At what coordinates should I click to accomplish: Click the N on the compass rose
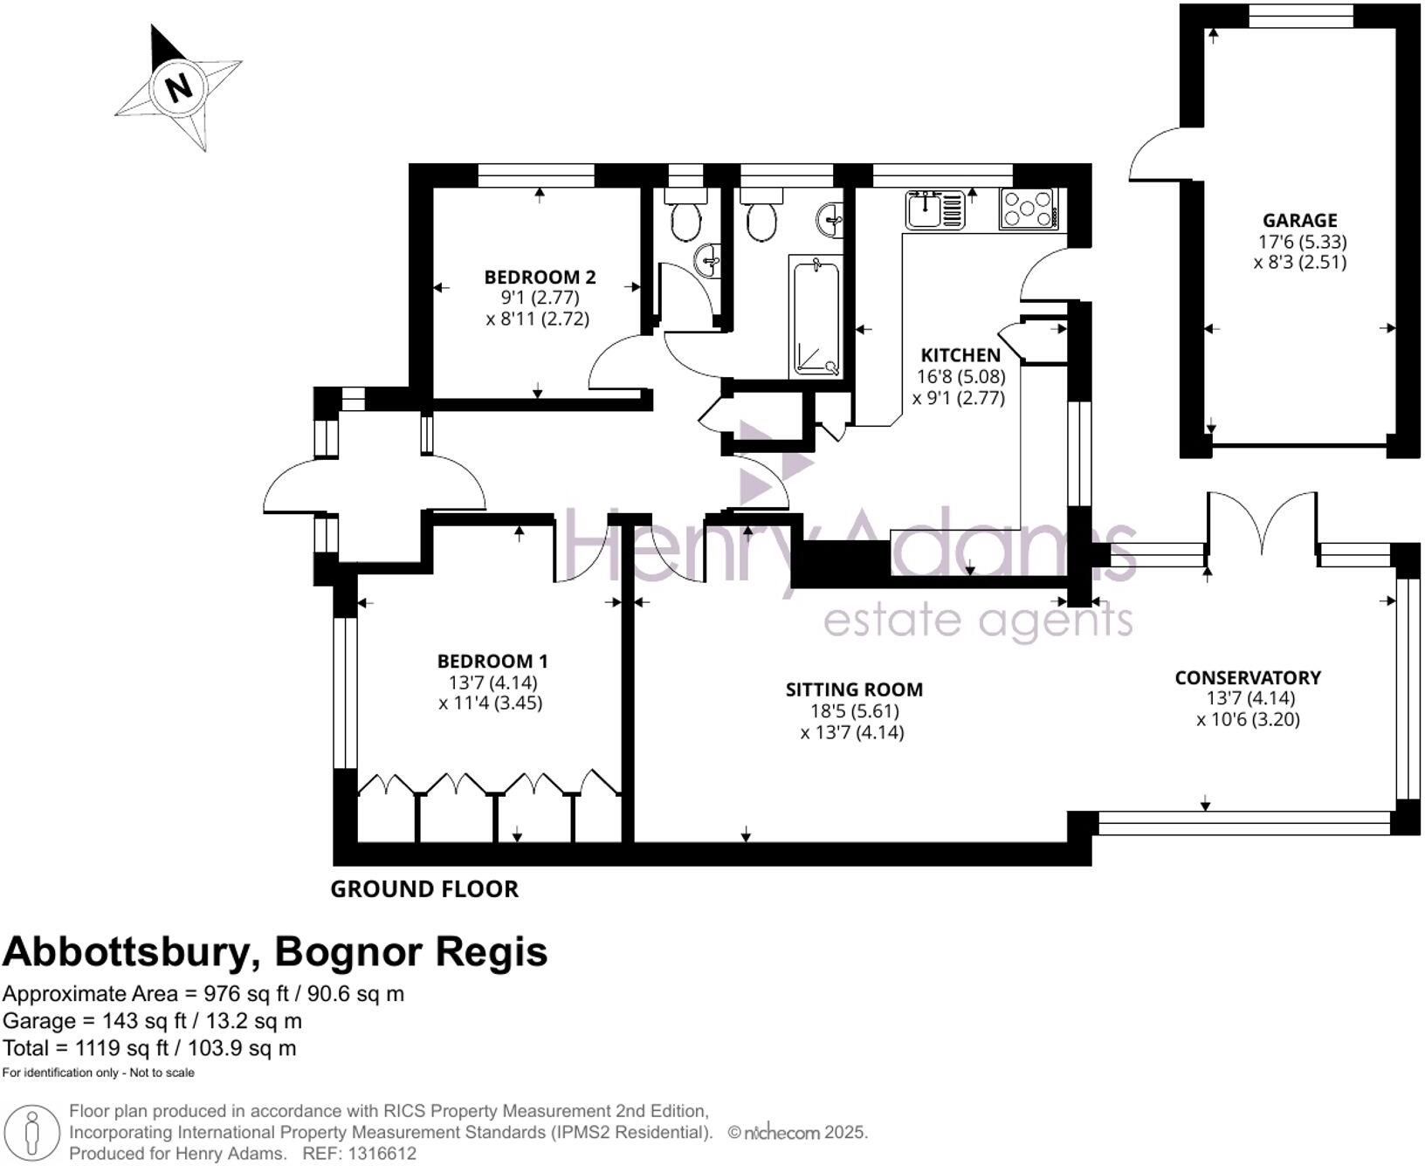tap(179, 87)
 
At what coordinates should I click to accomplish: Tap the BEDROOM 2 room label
tap(540, 278)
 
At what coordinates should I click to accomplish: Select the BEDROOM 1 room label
tap(492, 662)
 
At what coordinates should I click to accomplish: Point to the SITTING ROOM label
tap(854, 689)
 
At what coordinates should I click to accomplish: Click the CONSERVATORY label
tap(1248, 677)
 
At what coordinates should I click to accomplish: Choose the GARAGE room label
tap(1300, 221)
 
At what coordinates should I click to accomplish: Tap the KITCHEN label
tap(960, 355)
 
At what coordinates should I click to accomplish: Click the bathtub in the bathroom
tap(816, 317)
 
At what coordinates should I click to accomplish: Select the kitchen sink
tap(935, 209)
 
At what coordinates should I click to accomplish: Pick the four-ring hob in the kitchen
tap(1029, 209)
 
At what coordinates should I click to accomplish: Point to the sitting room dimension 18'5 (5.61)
tap(854, 711)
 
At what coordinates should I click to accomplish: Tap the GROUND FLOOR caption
tap(424, 889)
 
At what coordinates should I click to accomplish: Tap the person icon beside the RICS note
tap(32, 1133)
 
